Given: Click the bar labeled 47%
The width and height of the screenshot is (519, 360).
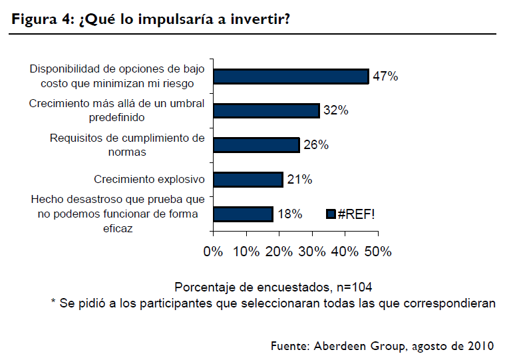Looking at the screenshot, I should (x=290, y=77).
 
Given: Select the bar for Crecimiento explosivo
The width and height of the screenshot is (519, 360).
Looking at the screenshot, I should (x=248, y=180).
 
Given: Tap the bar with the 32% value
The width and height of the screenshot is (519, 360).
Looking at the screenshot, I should (x=266, y=110).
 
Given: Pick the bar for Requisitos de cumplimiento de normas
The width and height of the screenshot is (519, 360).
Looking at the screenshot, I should (x=256, y=145).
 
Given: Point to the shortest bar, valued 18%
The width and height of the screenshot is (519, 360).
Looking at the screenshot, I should (x=243, y=214).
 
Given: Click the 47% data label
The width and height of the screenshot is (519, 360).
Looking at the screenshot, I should (x=385, y=77).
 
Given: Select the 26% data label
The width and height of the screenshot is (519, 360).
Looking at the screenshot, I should (x=316, y=145).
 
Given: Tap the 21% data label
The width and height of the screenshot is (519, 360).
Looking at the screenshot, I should (x=299, y=180).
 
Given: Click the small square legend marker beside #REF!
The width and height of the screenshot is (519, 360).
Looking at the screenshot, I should (x=330, y=214).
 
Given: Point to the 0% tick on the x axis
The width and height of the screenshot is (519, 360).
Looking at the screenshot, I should (x=213, y=252).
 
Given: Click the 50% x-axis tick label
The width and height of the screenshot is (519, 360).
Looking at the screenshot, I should (x=377, y=252).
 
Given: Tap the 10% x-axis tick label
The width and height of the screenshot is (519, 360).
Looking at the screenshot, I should (x=246, y=252).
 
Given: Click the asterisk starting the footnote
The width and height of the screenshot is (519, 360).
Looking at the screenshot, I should (x=53, y=303).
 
